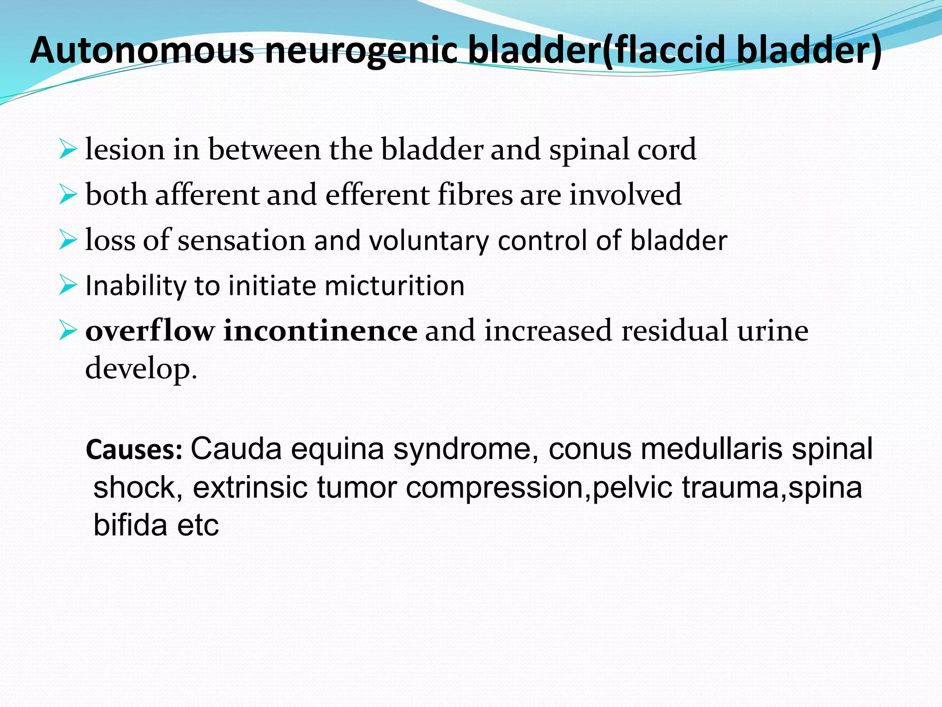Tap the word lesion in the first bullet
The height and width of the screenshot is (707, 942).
(125, 150)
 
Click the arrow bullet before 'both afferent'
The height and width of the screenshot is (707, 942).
(68, 195)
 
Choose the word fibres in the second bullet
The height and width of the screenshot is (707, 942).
(475, 195)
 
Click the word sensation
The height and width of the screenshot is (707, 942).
(241, 240)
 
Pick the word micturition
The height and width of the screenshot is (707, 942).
(394, 286)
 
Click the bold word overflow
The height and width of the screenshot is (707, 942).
(150, 330)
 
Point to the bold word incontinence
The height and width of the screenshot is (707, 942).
(320, 330)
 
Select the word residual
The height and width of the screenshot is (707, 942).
(675, 330)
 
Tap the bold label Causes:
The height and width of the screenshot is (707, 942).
(134, 450)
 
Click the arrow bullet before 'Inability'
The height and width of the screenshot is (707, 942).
(68, 285)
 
